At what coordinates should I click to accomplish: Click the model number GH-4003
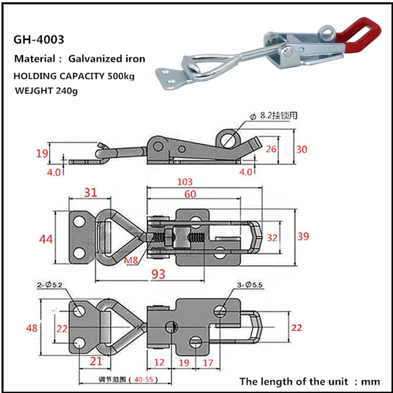pyautogui.click(x=39, y=39)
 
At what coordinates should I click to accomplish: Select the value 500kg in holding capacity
pyautogui.click(x=121, y=76)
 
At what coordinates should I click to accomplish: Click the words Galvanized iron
pyautogui.click(x=111, y=59)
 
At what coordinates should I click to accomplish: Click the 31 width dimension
pyautogui.click(x=91, y=192)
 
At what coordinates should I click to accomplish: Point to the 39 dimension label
pyautogui.click(x=303, y=236)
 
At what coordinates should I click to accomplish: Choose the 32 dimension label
pyautogui.click(x=272, y=237)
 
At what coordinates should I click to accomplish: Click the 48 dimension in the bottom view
pyautogui.click(x=32, y=328)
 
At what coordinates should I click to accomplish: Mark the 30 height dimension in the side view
pyautogui.click(x=302, y=149)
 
